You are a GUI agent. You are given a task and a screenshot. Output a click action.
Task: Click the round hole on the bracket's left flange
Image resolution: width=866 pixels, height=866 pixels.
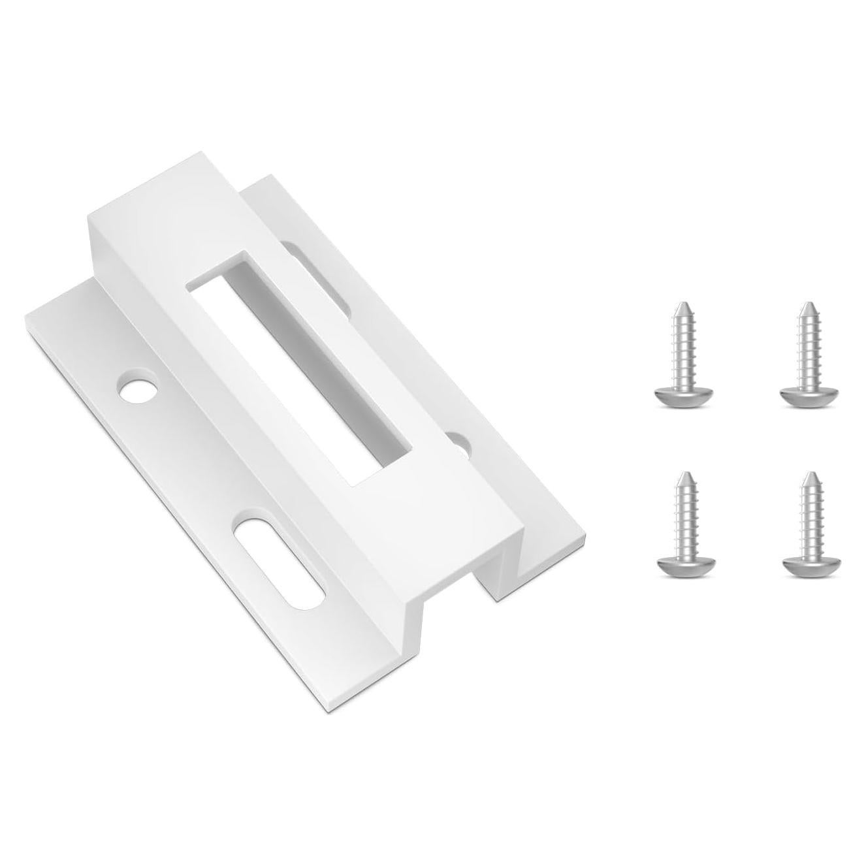138,390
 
